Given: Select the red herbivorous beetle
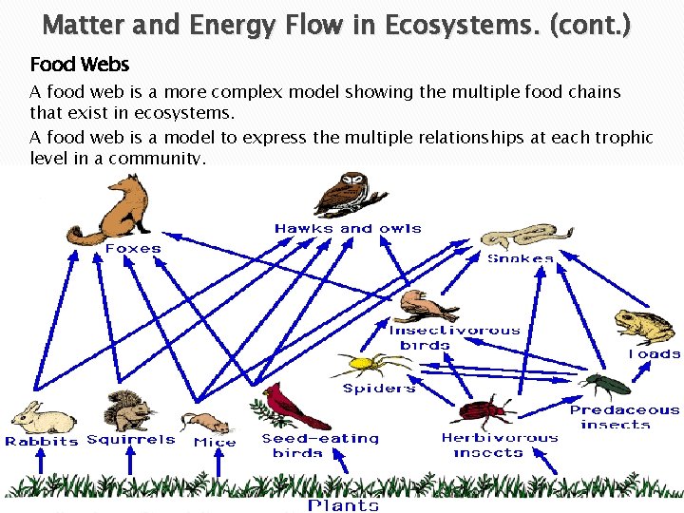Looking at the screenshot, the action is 484,413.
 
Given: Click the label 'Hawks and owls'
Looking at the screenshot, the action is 348,228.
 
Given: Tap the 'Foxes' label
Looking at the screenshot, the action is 133,248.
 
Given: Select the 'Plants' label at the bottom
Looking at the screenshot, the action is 343,504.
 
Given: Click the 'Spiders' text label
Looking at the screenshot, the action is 379,388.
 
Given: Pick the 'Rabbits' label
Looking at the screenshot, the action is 42,441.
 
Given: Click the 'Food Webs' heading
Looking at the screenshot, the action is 80,65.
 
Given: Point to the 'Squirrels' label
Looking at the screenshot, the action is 131,439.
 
